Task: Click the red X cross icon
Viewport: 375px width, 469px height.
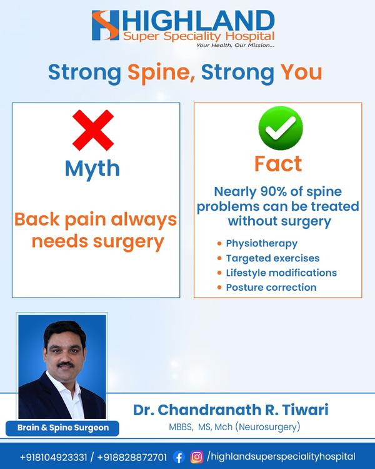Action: (x=93, y=130)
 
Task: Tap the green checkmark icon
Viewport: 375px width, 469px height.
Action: (x=281, y=128)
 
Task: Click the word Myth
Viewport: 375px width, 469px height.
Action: (x=92, y=169)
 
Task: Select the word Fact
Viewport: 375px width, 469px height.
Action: (x=278, y=164)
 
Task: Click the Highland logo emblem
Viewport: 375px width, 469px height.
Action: (x=105, y=26)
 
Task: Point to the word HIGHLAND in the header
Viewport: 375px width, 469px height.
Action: (x=198, y=21)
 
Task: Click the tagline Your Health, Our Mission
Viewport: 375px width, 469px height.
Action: (x=235, y=45)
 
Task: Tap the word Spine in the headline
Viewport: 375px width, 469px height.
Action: (x=161, y=73)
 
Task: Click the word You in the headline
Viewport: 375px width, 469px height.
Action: (x=301, y=72)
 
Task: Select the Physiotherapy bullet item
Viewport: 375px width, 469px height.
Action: (x=257, y=243)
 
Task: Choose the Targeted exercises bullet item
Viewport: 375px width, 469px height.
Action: (x=268, y=258)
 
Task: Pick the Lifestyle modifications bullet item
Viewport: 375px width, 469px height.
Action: (x=277, y=273)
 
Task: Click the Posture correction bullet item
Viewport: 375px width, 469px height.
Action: (x=267, y=288)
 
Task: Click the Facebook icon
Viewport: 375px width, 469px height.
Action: (x=179, y=457)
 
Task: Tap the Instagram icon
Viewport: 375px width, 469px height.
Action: (x=197, y=457)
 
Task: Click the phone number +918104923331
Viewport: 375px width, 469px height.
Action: (x=54, y=457)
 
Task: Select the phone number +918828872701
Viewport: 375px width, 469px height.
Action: (x=132, y=457)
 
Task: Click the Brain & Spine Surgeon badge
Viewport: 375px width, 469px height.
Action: (x=62, y=428)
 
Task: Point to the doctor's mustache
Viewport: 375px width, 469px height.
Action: (x=66, y=365)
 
